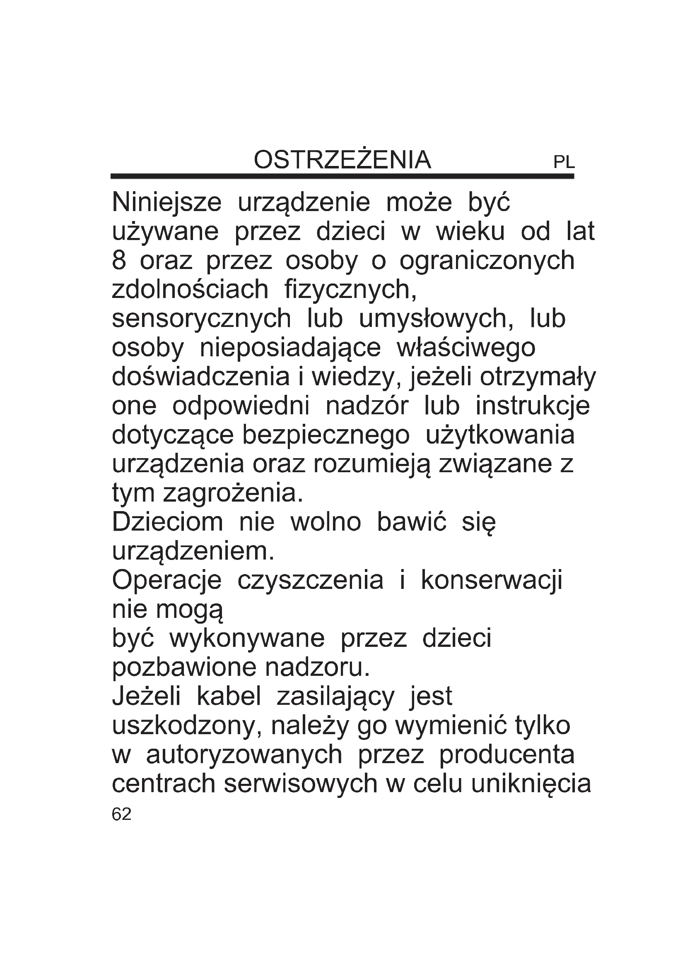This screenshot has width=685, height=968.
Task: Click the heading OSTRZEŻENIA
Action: click(342, 160)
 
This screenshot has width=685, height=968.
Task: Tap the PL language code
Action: click(564, 162)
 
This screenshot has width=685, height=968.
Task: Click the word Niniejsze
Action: click(166, 203)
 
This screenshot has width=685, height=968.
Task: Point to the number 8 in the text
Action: click(119, 261)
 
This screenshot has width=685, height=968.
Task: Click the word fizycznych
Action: click(350, 290)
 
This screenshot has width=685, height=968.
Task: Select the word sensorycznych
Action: click(201, 319)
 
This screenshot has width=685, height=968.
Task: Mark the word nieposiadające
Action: click(290, 348)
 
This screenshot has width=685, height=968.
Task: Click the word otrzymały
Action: click(538, 377)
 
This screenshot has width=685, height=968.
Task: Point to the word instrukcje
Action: click(533, 406)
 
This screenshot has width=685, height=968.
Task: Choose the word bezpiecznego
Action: click(326, 435)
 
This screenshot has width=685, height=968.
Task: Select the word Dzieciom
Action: click(167, 522)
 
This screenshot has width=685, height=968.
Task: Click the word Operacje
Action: click(166, 581)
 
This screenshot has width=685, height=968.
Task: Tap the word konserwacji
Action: click(492, 581)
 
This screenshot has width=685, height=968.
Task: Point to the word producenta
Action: click(507, 754)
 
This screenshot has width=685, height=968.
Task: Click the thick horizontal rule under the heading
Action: click(342, 176)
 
